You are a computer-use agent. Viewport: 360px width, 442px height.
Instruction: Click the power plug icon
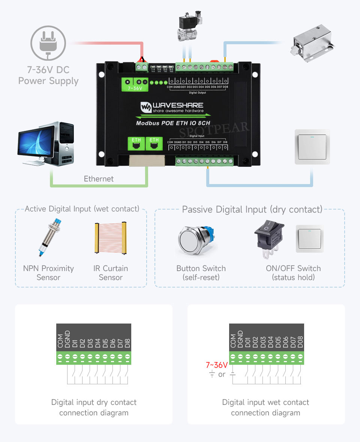[x=48, y=42]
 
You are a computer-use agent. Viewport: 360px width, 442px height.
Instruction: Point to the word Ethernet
[x=99, y=179]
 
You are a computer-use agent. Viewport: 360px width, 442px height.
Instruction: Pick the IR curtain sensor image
[x=111, y=238]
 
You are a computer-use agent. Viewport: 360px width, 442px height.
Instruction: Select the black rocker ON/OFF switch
[x=269, y=238]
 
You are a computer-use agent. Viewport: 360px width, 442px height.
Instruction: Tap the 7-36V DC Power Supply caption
[x=48, y=75]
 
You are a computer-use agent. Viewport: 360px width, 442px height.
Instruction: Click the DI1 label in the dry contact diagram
[x=75, y=343]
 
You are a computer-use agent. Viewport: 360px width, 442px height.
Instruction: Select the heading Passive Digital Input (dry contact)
[x=252, y=210]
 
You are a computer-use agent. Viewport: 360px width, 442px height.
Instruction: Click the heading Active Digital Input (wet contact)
[x=82, y=209]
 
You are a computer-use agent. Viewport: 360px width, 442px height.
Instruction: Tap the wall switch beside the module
[x=312, y=147]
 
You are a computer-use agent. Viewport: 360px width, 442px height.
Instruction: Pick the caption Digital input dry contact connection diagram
[x=94, y=408]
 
